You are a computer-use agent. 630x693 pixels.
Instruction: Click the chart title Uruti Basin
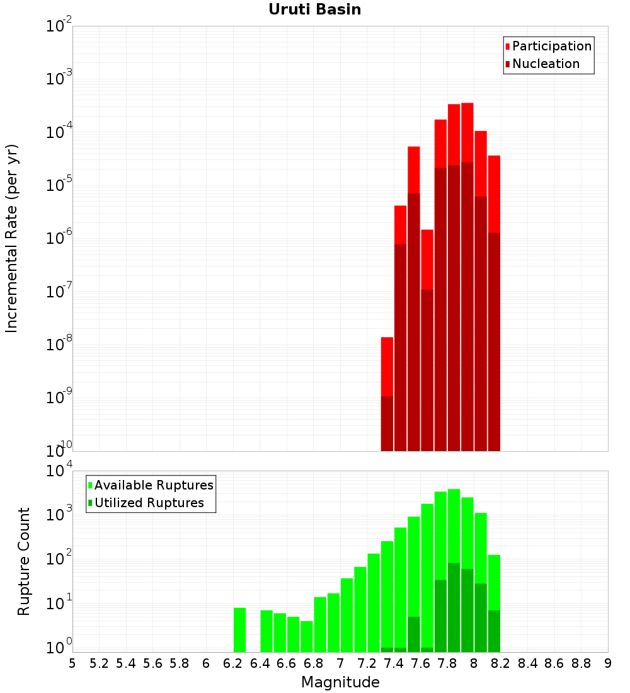tap(315, 9)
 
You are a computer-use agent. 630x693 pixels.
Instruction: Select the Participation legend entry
tap(548, 46)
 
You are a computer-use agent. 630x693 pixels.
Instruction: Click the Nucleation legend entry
tap(542, 64)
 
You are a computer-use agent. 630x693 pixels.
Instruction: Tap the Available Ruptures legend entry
tap(151, 485)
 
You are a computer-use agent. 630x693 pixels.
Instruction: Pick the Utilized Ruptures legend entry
tap(146, 503)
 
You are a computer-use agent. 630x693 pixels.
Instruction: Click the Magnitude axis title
tap(340, 682)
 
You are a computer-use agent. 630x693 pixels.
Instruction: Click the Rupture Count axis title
tap(23, 562)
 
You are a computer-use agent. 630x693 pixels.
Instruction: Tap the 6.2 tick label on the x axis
tap(233, 664)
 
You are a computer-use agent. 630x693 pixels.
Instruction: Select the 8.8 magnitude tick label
tap(581, 664)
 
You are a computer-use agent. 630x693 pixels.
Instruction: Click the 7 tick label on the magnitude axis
tap(340, 664)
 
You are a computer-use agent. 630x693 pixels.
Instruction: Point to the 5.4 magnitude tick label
tap(126, 664)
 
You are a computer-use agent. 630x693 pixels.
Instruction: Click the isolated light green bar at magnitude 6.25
tap(239, 630)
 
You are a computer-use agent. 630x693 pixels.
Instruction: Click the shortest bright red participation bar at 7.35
tap(387, 367)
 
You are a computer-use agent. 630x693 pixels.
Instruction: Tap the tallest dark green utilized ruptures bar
tap(454, 607)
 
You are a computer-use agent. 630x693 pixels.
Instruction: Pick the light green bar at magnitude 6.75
tap(307, 636)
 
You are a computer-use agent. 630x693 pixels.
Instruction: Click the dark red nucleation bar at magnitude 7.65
tap(427, 370)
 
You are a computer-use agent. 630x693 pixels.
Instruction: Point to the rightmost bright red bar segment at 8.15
tap(495, 194)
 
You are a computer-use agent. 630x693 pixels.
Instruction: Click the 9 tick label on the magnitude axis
tap(607, 664)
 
